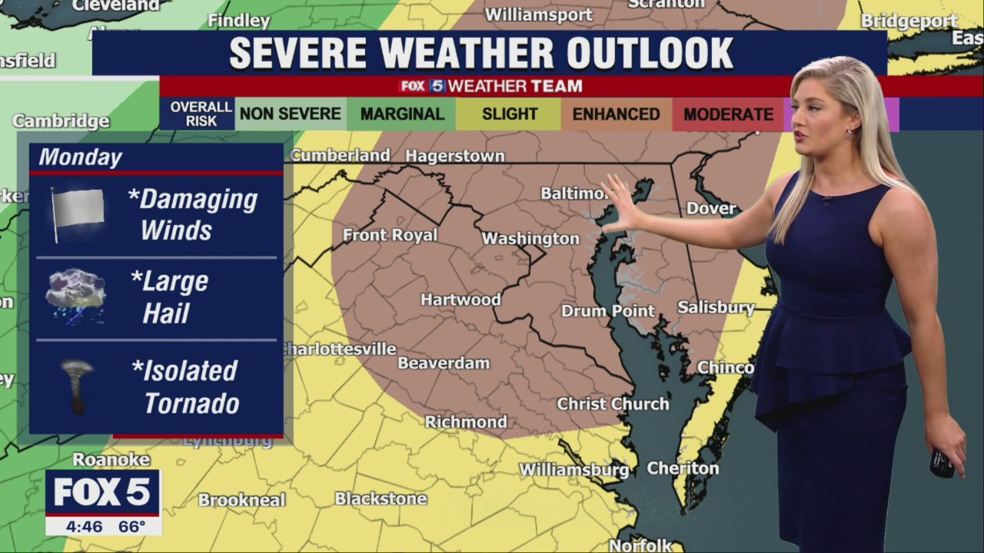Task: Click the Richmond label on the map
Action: tap(466, 422)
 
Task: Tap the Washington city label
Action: tap(530, 238)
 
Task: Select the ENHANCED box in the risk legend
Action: tap(616, 114)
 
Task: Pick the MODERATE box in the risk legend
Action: tap(728, 114)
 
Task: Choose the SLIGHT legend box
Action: tap(509, 114)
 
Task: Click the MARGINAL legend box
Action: tap(402, 114)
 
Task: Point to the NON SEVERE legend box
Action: tap(290, 114)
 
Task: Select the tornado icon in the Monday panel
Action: tap(77, 385)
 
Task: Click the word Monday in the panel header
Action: tap(81, 157)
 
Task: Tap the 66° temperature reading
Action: tap(131, 527)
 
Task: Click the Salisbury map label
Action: tap(716, 307)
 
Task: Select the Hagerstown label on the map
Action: tap(455, 156)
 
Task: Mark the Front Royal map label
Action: tap(390, 235)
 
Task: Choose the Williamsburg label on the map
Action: tap(574, 469)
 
